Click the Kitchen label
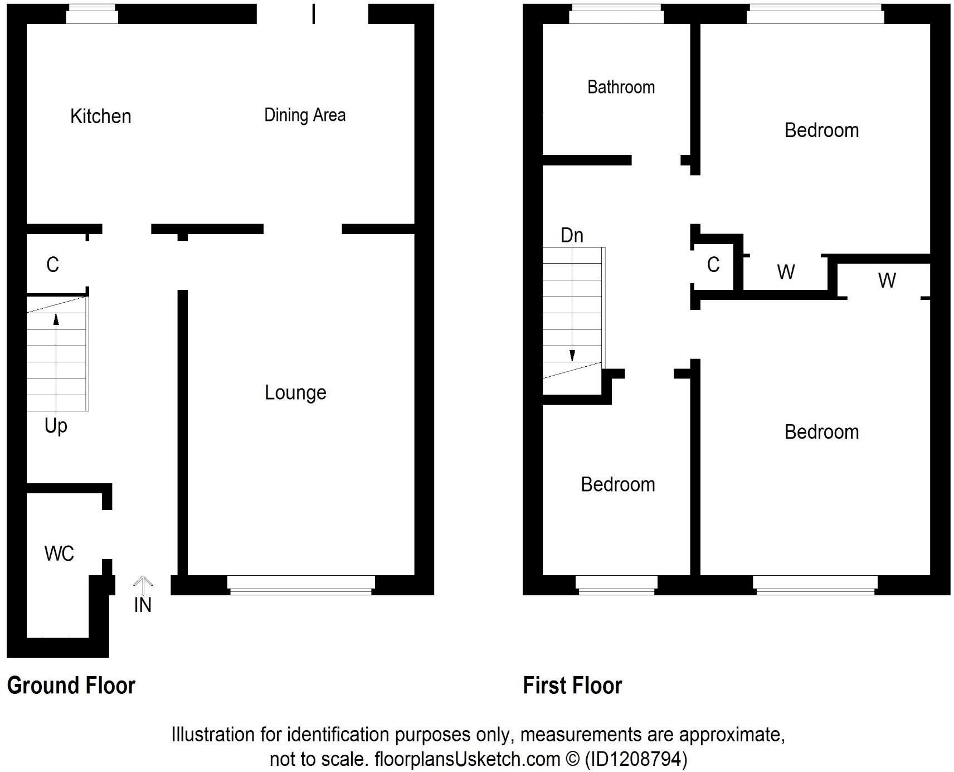(x=101, y=116)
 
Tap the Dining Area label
(x=304, y=115)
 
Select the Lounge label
(x=295, y=392)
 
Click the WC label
(x=59, y=553)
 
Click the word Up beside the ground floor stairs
(x=56, y=426)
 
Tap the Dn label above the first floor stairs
(x=572, y=235)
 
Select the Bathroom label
(x=621, y=87)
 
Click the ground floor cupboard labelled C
(x=53, y=264)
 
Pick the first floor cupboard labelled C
(x=713, y=264)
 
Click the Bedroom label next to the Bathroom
(x=821, y=130)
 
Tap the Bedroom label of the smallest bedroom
(x=617, y=484)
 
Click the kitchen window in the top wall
(x=92, y=14)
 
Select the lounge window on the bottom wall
(x=301, y=585)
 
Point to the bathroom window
(x=616, y=14)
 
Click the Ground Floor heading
(x=71, y=686)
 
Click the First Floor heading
(x=572, y=686)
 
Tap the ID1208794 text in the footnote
(x=636, y=759)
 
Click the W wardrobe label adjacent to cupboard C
(x=786, y=272)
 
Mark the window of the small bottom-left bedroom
(x=616, y=585)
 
